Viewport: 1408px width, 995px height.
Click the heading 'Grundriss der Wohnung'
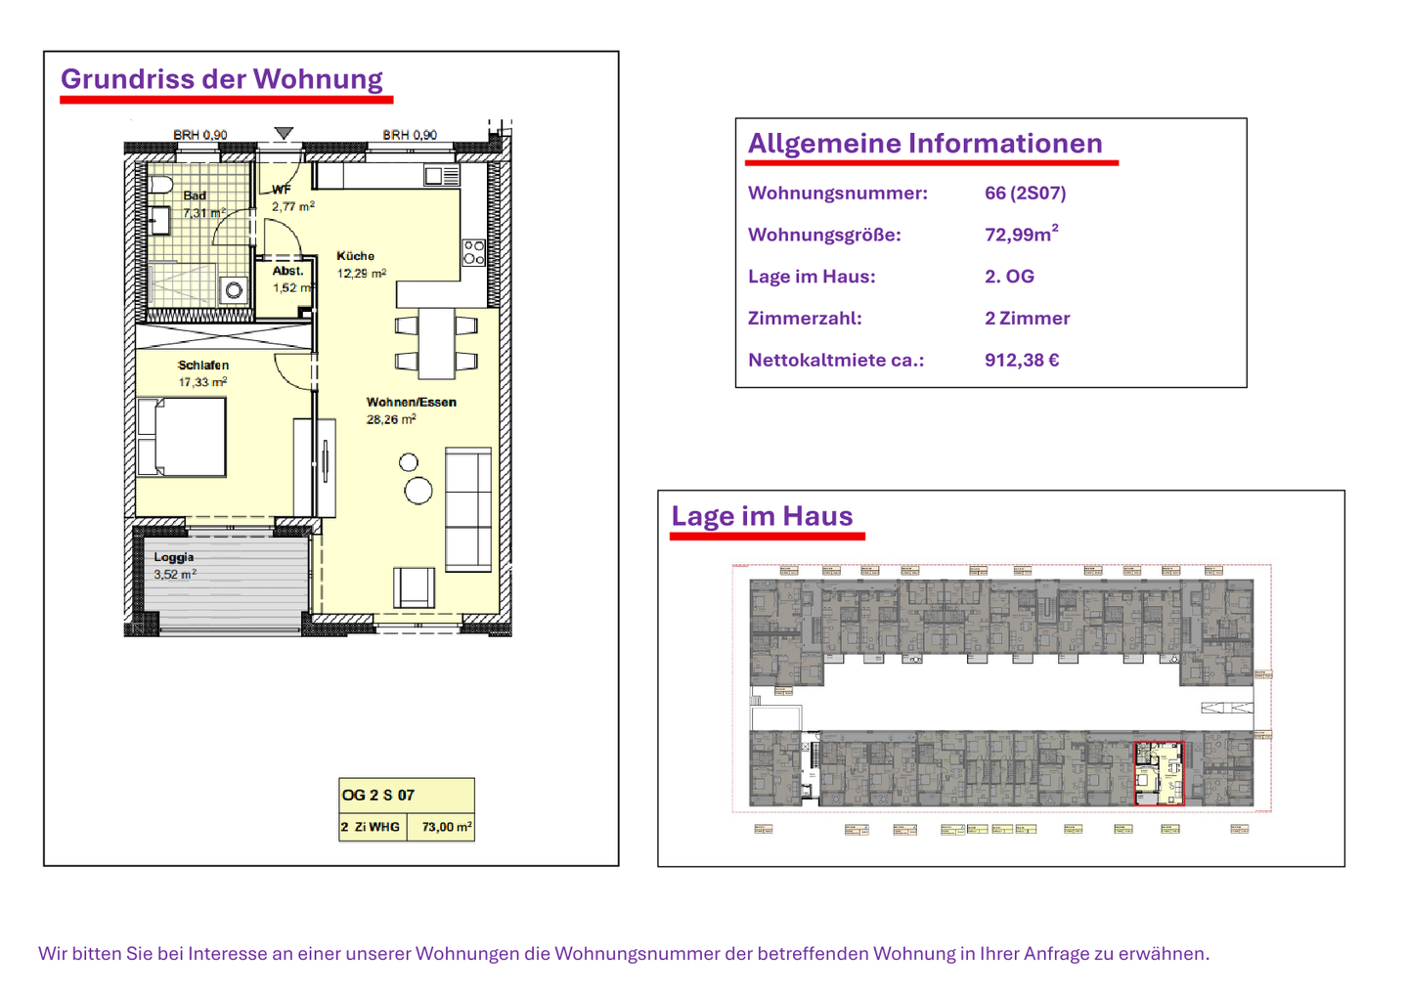pos(221,79)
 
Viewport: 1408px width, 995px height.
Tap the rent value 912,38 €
pos(1021,360)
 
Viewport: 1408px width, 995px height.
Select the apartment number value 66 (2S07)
pos(1025,193)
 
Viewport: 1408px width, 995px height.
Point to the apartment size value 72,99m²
pos(1020,235)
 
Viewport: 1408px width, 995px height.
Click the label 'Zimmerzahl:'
pos(804,318)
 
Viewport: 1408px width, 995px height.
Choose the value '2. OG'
pos(1008,277)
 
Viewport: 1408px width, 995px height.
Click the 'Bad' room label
pos(195,195)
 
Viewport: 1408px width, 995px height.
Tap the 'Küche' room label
pos(355,256)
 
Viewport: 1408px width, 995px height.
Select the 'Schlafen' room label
pos(203,366)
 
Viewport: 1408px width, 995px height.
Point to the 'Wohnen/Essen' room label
pos(411,402)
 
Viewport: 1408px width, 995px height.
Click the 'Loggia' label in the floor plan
pos(173,557)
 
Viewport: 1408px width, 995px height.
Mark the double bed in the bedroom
pos(182,437)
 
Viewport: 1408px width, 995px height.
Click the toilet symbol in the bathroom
pos(160,185)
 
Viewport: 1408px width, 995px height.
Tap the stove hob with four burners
pos(473,252)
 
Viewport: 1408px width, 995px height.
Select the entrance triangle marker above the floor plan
pos(284,133)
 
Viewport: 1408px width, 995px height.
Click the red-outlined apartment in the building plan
pos(1158,772)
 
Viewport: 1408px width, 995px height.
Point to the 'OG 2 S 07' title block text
pos(377,795)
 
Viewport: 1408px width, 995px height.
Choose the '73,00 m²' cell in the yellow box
pos(446,827)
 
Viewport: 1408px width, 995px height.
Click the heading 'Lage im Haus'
pos(761,516)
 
